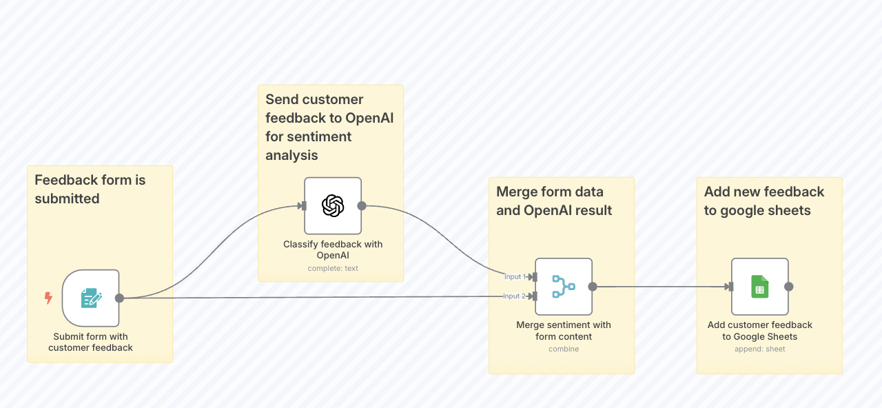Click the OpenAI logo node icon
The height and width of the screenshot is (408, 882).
[x=333, y=205]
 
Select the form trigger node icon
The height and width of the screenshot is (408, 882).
[x=91, y=298]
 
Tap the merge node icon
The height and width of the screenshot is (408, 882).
[x=564, y=286]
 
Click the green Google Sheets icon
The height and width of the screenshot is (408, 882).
[x=759, y=286]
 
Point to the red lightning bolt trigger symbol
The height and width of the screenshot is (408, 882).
[x=48, y=298]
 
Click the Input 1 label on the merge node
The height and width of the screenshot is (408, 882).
[x=514, y=277]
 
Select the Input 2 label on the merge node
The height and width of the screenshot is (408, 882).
[x=514, y=296]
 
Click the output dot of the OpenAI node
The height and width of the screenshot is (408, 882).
[x=362, y=205]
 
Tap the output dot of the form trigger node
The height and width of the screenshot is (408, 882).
[x=119, y=298]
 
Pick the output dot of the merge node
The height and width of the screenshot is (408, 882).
[x=593, y=286]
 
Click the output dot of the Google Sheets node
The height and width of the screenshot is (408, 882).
[x=789, y=286]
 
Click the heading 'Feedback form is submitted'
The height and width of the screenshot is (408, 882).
[x=90, y=190]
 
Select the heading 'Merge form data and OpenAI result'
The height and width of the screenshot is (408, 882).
[x=554, y=201]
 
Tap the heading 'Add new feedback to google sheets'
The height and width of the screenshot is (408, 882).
[x=764, y=201]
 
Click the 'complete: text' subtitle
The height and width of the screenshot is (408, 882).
[x=333, y=268]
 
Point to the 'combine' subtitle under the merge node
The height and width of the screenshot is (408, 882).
[x=564, y=349]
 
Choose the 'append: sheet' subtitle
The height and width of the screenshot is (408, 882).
[x=759, y=349]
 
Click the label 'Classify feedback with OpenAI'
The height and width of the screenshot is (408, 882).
[x=333, y=249]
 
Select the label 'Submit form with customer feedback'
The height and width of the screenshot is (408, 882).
[x=90, y=342]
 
